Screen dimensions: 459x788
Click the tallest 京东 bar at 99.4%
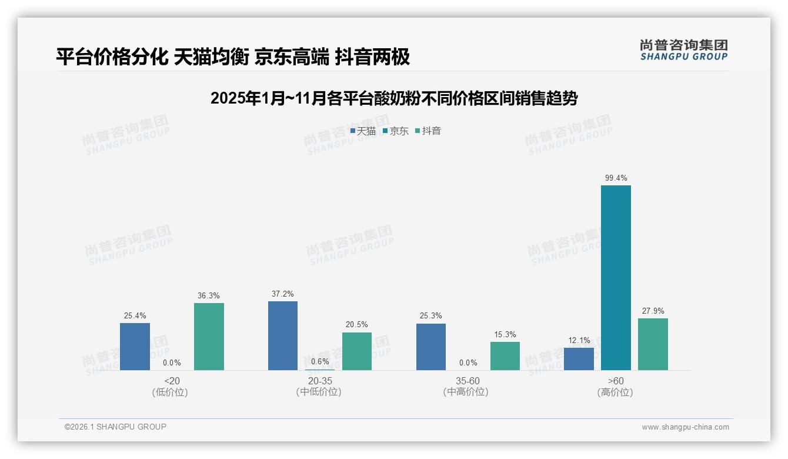click(x=616, y=278)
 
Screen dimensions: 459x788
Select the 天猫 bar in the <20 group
click(x=135, y=347)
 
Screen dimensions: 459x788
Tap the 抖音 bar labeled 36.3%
click(x=209, y=337)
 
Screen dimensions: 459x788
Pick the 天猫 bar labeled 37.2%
click(x=283, y=335)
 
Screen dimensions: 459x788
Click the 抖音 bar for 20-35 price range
click(x=357, y=351)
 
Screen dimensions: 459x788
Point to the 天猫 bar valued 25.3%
click(x=431, y=347)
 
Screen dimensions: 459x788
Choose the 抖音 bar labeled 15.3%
click(x=505, y=356)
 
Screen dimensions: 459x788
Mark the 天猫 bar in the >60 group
click(x=579, y=359)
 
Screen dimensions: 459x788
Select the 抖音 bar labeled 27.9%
click(x=653, y=344)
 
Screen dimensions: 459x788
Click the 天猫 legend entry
click(x=363, y=131)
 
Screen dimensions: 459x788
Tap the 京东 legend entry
click(x=395, y=131)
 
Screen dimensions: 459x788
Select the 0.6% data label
click(x=320, y=361)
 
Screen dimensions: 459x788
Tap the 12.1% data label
click(x=579, y=340)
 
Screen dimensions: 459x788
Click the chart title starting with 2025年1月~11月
click(x=393, y=98)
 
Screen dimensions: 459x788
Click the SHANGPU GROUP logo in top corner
click(x=683, y=50)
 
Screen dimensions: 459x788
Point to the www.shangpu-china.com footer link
click(x=685, y=427)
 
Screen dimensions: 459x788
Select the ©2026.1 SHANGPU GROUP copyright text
click(x=115, y=427)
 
